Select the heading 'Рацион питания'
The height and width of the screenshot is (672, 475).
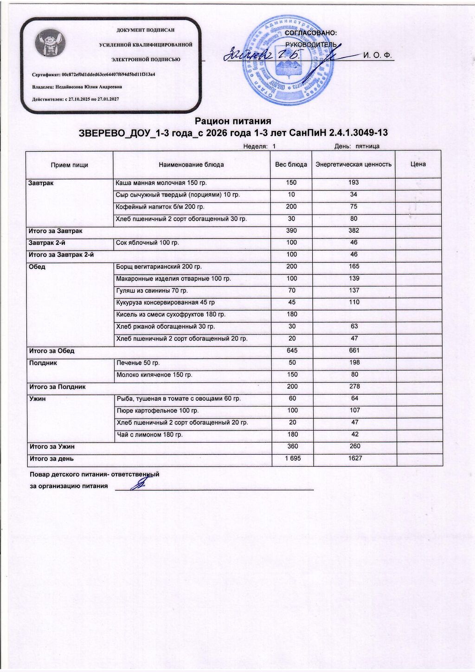233,121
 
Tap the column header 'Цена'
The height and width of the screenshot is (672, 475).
418,164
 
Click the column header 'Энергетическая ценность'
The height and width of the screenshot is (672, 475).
353,164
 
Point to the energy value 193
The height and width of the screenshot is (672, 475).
353,183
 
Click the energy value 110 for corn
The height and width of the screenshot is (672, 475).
354,302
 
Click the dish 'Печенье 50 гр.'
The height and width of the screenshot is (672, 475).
138,363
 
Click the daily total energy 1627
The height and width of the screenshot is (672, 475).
354,458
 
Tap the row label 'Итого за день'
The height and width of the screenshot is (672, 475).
51,459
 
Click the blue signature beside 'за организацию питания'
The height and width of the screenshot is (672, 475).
138,484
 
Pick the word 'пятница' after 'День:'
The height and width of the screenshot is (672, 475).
367,146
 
